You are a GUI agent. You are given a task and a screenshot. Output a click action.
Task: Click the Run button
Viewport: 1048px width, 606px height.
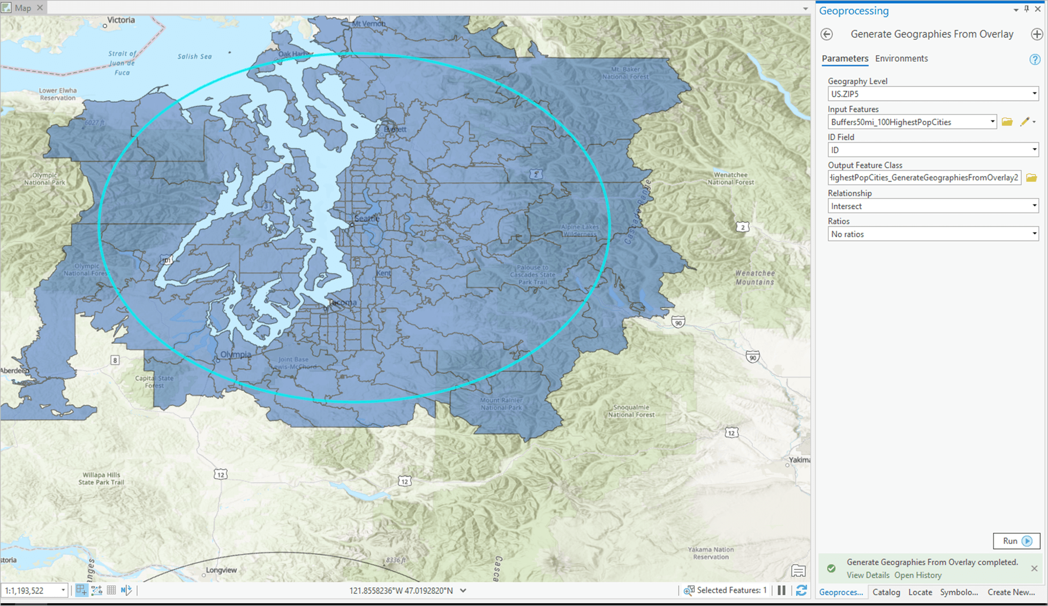(x=1016, y=541)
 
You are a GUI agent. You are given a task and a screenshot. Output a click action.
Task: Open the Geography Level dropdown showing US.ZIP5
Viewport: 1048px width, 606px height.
(x=932, y=94)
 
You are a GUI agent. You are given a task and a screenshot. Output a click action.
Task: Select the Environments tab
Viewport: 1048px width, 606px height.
(x=901, y=58)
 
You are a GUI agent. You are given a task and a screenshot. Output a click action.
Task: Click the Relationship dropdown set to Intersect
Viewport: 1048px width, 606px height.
(x=932, y=206)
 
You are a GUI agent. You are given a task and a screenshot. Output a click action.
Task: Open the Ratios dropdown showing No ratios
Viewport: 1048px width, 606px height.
(x=932, y=234)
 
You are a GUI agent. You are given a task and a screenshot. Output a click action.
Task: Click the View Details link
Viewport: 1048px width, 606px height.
(x=868, y=575)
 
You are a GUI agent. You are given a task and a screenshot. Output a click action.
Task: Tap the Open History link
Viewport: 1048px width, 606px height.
(x=917, y=575)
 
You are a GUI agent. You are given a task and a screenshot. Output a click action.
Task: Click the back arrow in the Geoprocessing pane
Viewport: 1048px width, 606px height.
(x=827, y=34)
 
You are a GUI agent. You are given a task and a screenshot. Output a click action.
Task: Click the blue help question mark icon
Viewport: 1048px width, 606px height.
(x=1034, y=59)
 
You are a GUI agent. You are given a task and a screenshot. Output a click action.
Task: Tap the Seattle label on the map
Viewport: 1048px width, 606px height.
(x=367, y=218)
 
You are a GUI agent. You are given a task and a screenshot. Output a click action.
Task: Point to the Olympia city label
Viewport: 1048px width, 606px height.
(x=236, y=354)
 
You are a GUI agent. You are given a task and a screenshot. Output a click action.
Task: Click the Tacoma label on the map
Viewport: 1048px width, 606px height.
(x=342, y=302)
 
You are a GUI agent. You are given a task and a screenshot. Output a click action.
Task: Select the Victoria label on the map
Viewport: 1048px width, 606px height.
(x=121, y=20)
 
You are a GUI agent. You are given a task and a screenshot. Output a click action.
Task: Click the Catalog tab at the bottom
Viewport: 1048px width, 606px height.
(x=886, y=592)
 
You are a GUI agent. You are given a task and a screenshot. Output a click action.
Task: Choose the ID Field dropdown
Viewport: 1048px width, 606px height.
(x=932, y=150)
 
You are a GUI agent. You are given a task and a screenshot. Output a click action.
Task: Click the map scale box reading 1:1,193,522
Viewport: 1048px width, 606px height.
(x=32, y=590)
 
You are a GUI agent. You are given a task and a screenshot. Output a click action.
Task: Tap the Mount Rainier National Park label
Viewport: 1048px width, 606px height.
(x=501, y=403)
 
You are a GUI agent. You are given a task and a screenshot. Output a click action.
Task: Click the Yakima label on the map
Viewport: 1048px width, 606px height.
(x=800, y=460)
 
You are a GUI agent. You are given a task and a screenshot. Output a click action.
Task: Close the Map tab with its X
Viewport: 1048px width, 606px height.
(x=40, y=8)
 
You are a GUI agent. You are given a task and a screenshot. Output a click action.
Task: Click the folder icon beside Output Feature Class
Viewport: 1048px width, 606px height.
(x=1031, y=178)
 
